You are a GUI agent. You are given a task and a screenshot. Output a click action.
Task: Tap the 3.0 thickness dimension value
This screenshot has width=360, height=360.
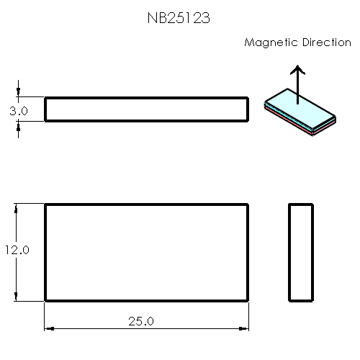pyautogui.click(x=18, y=112)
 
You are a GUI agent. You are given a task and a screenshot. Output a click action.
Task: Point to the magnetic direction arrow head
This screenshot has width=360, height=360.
pyautogui.click(x=297, y=70)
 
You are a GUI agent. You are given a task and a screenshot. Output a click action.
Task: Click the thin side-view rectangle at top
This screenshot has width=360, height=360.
pyautogui.click(x=147, y=109)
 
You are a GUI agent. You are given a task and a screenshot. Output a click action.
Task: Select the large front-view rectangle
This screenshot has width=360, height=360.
pyautogui.click(x=147, y=252)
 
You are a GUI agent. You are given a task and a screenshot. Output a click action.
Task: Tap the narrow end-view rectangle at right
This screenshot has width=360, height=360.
pyautogui.click(x=301, y=252)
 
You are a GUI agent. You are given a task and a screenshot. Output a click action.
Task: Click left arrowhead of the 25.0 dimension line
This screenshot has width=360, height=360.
pyautogui.click(x=49, y=328)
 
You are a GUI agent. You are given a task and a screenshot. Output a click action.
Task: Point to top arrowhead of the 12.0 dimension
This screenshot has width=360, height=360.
pyautogui.click(x=17, y=208)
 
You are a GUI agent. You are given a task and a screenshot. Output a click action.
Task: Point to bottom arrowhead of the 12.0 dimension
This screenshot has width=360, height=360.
pyautogui.click(x=17, y=297)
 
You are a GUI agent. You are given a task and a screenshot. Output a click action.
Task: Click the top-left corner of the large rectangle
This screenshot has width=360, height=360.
pyautogui.click(x=46, y=204)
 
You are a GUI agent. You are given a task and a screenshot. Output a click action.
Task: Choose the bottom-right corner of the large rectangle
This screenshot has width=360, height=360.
pyautogui.click(x=248, y=300)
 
